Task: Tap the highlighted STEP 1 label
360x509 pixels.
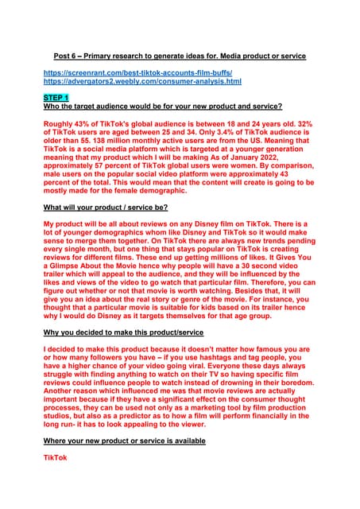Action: (x=57, y=97)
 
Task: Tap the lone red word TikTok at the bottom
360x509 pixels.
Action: (x=56, y=457)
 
